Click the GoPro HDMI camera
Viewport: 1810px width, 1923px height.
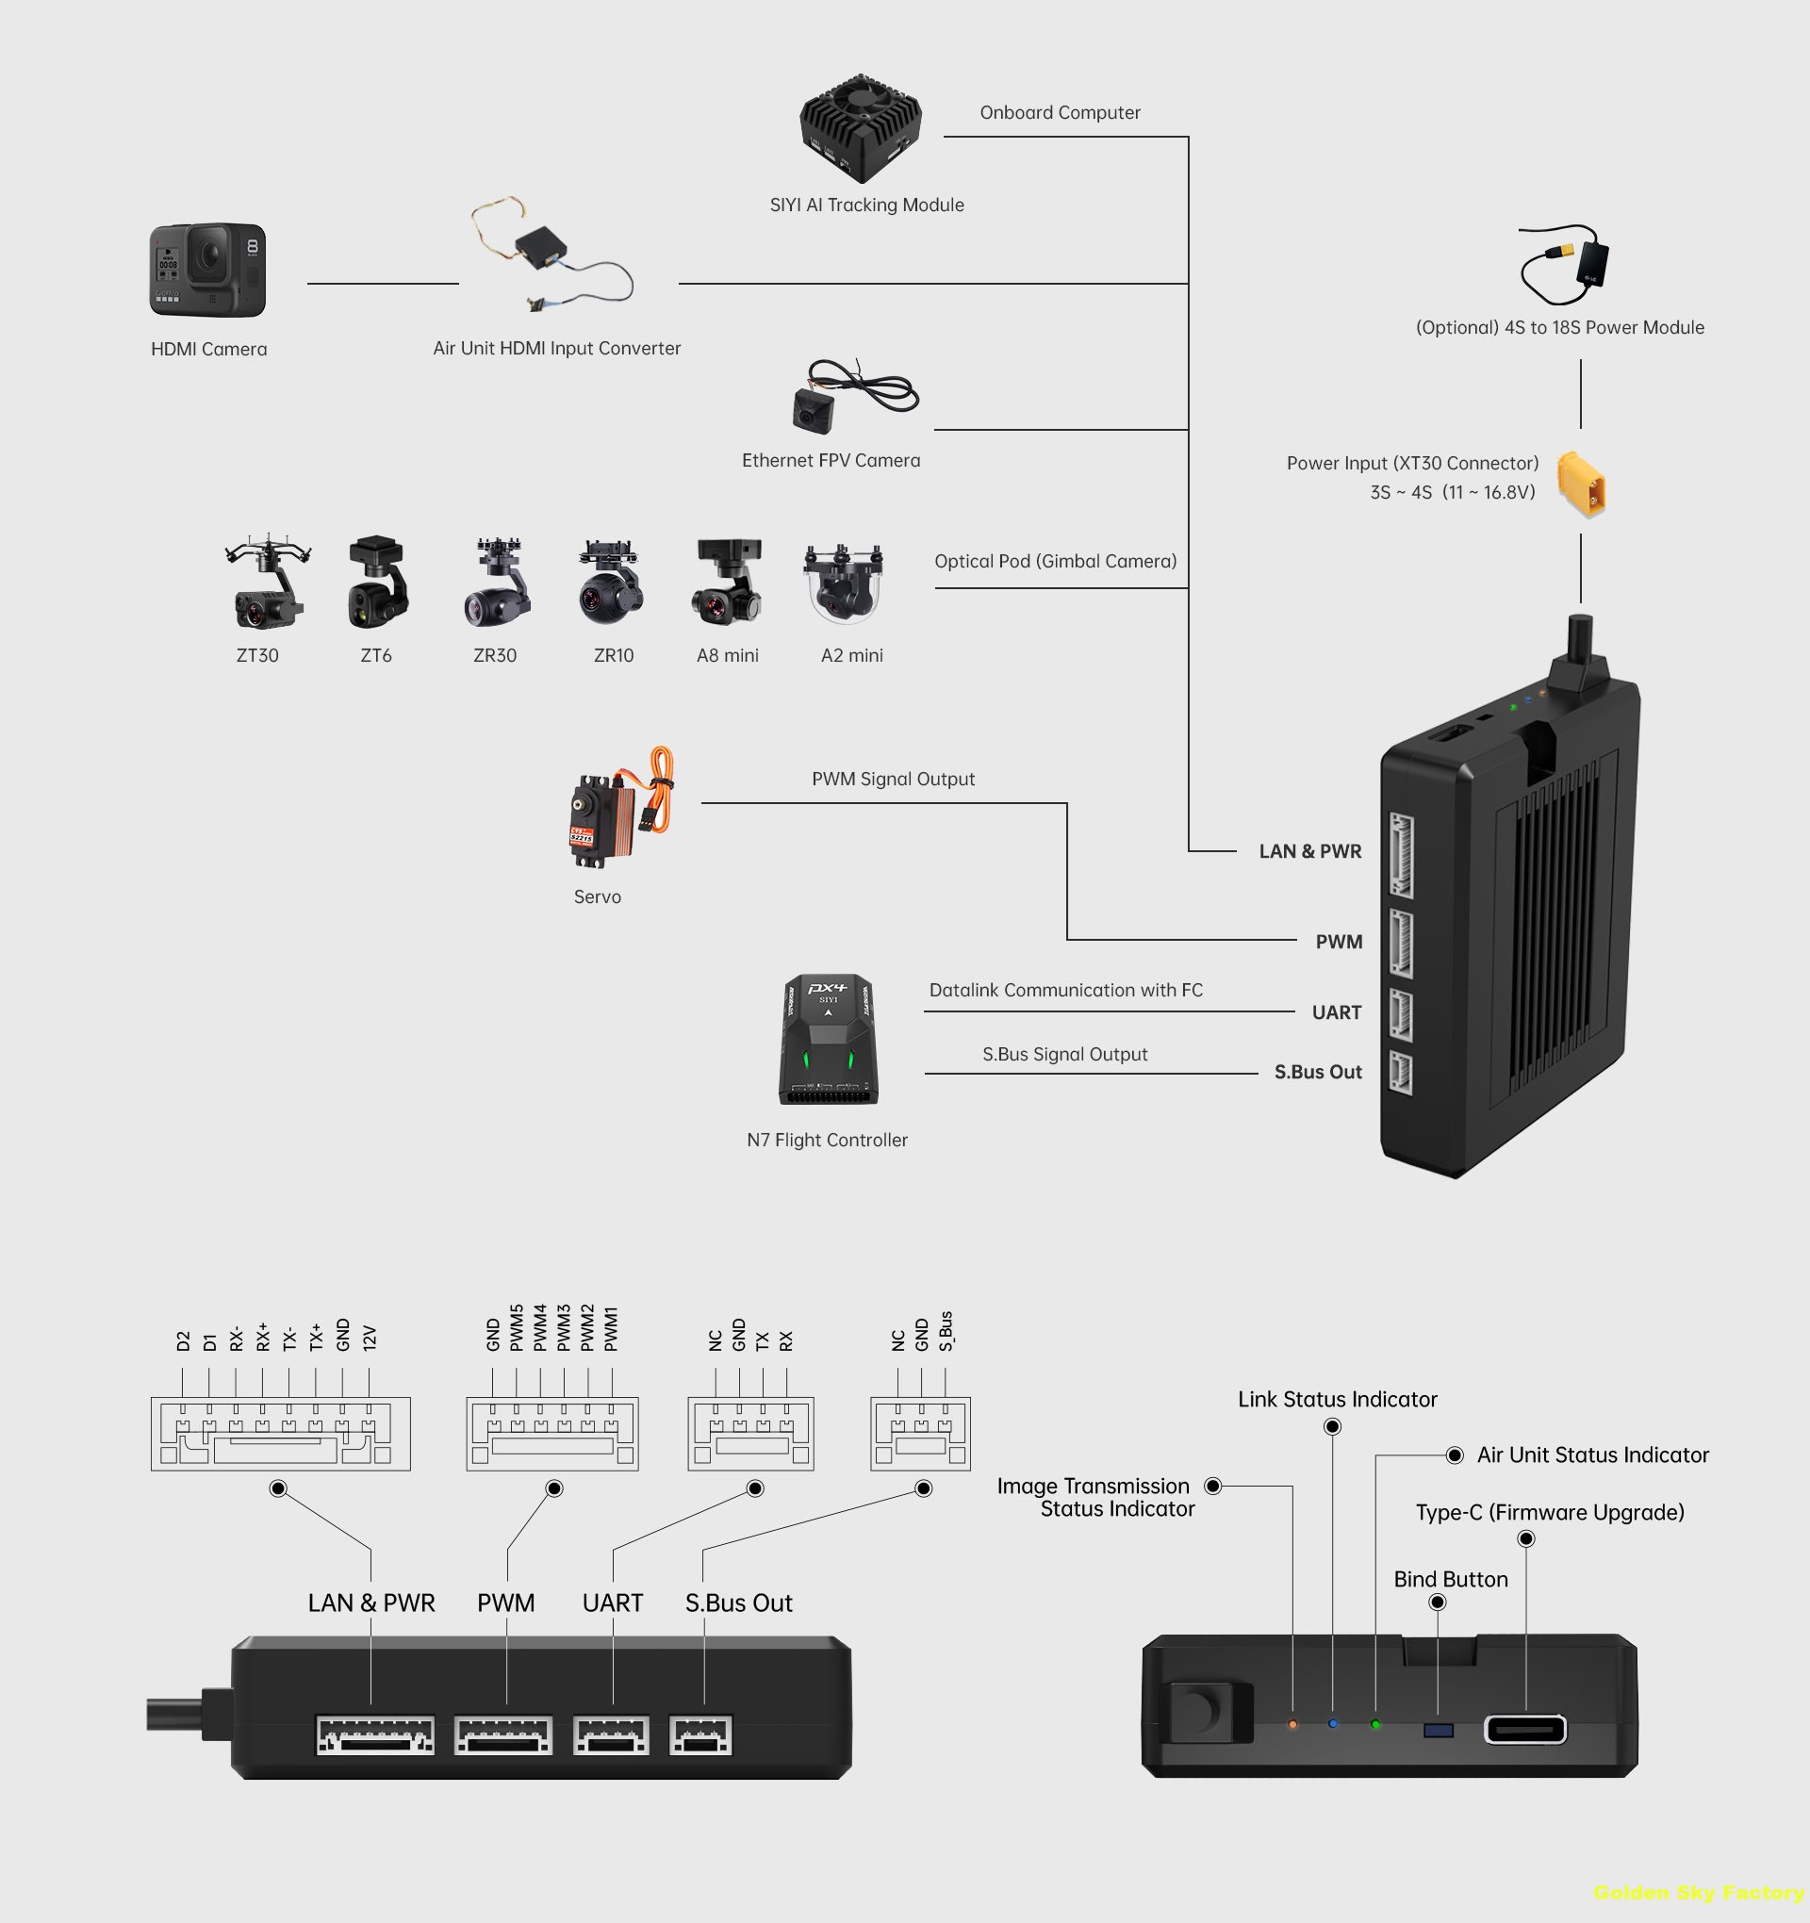[x=207, y=270]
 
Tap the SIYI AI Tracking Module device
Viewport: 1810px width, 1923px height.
[x=860, y=127]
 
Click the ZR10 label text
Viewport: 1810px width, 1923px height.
[x=614, y=656]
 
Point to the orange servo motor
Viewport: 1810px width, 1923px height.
[x=619, y=809]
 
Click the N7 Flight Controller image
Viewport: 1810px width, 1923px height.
[x=829, y=1040]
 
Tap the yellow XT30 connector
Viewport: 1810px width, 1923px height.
[x=1581, y=484]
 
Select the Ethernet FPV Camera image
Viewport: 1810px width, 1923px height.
[x=851, y=396]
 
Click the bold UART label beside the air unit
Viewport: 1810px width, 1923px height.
[x=1336, y=1012]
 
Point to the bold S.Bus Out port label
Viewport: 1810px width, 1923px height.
[x=1318, y=1073]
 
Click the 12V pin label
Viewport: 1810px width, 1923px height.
[x=369, y=1338]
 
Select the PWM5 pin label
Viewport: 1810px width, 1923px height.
[x=517, y=1328]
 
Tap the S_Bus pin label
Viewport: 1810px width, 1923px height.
[x=946, y=1331]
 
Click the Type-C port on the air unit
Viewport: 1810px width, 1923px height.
[x=1525, y=1730]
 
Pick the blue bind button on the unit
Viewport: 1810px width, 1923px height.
[x=1439, y=1731]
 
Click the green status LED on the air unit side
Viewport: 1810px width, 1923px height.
[x=1375, y=1725]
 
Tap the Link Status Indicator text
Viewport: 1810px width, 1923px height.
[x=1337, y=1400]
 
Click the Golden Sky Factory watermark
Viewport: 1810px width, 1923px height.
[x=1699, y=1893]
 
